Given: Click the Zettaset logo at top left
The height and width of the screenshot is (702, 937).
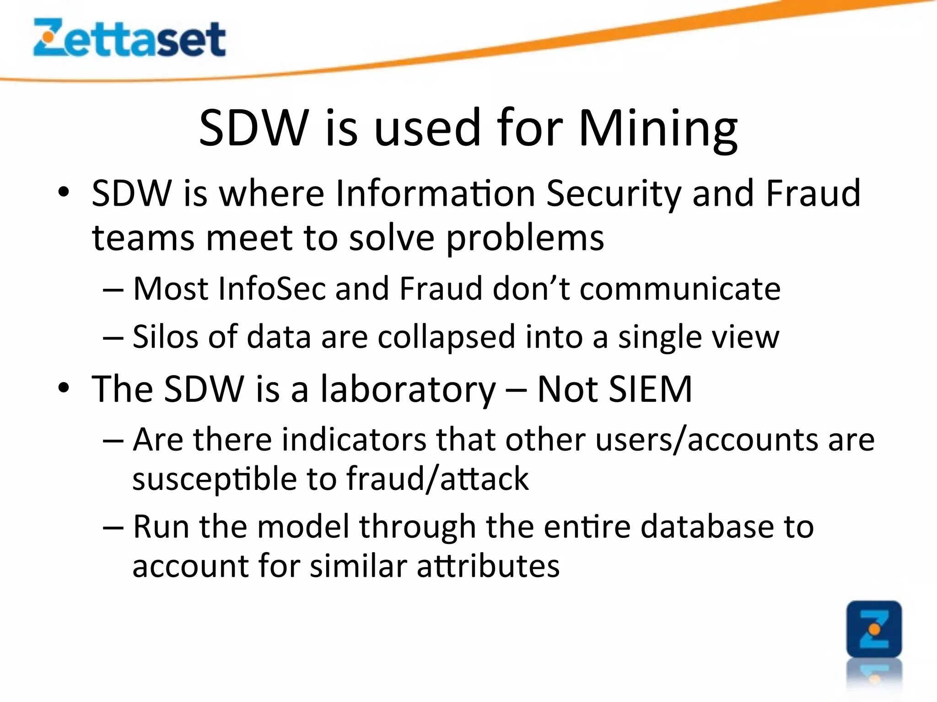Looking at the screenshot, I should pyautogui.click(x=129, y=38).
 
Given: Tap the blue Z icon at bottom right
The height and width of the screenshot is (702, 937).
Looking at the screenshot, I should pyautogui.click(x=874, y=630).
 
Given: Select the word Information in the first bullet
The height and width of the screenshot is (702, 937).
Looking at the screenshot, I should pyautogui.click(x=435, y=193).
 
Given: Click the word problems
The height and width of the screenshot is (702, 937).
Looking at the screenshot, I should pyautogui.click(x=525, y=238).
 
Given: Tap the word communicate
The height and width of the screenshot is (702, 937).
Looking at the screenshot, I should pyautogui.click(x=680, y=289).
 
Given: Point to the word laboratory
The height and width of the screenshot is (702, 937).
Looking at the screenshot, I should pyautogui.click(x=408, y=389).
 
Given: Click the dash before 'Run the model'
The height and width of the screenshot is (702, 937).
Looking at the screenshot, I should pyautogui.click(x=113, y=527).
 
